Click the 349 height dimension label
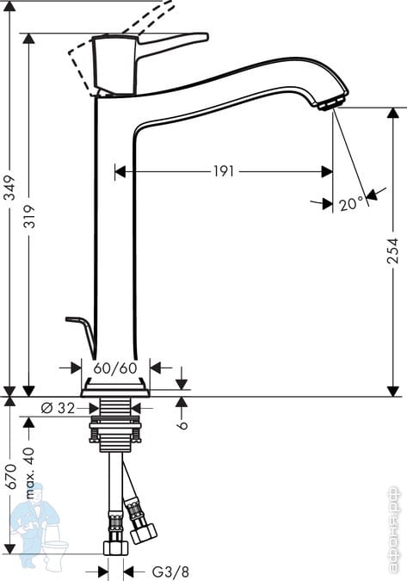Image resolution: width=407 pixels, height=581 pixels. click(9, 188)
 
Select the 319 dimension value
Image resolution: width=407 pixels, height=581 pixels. click(29, 216)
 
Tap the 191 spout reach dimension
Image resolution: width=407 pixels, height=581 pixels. click(224, 171)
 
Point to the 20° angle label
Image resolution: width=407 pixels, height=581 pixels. click(351, 203)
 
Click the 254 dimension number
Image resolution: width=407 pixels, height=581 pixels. click(392, 250)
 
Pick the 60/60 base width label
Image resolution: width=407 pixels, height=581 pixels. click(115, 368)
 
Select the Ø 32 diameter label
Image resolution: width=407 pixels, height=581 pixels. click(58, 408)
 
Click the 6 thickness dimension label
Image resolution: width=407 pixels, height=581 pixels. click(182, 424)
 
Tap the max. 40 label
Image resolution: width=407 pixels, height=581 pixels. click(29, 473)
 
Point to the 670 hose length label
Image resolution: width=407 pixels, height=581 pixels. click(10, 476)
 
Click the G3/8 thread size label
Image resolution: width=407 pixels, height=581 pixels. click(170, 572)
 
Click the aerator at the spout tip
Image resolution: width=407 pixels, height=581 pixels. click(331, 104)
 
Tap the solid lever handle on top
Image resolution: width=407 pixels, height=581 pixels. click(173, 41)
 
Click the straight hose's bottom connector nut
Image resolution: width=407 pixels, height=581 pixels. click(115, 547)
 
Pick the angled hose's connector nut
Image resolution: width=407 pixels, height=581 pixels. click(145, 533)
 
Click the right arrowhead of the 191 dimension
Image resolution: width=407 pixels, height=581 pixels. click(327, 171)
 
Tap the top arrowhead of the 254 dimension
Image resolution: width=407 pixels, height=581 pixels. click(393, 113)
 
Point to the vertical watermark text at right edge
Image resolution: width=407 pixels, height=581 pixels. click(393, 530)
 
